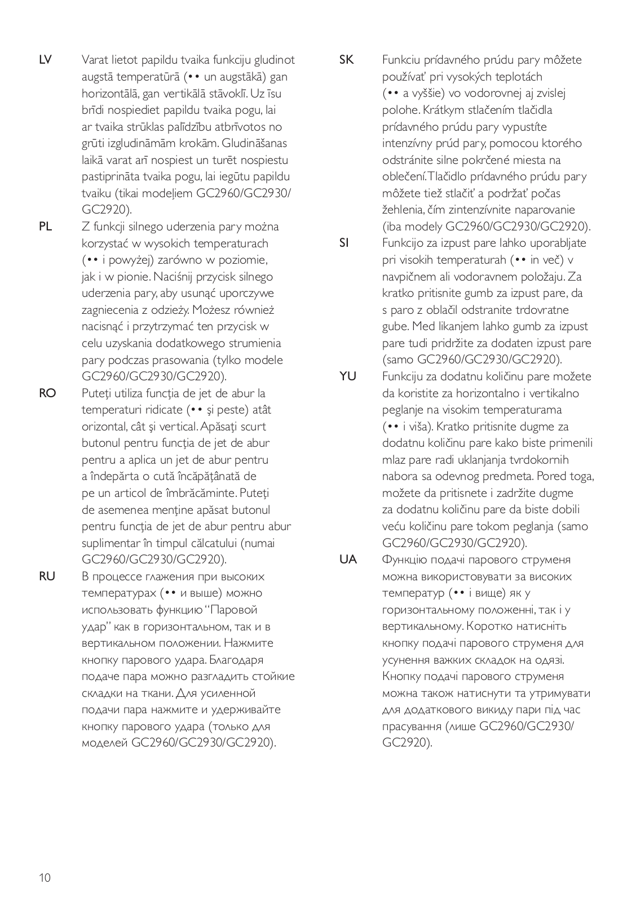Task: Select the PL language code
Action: click(45, 226)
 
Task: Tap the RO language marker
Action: click(47, 393)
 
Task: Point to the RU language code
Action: click(47, 576)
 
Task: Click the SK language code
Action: click(346, 60)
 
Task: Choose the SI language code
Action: click(344, 243)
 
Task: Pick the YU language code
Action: click(348, 376)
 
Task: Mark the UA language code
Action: click(348, 559)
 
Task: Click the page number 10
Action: click(45, 878)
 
